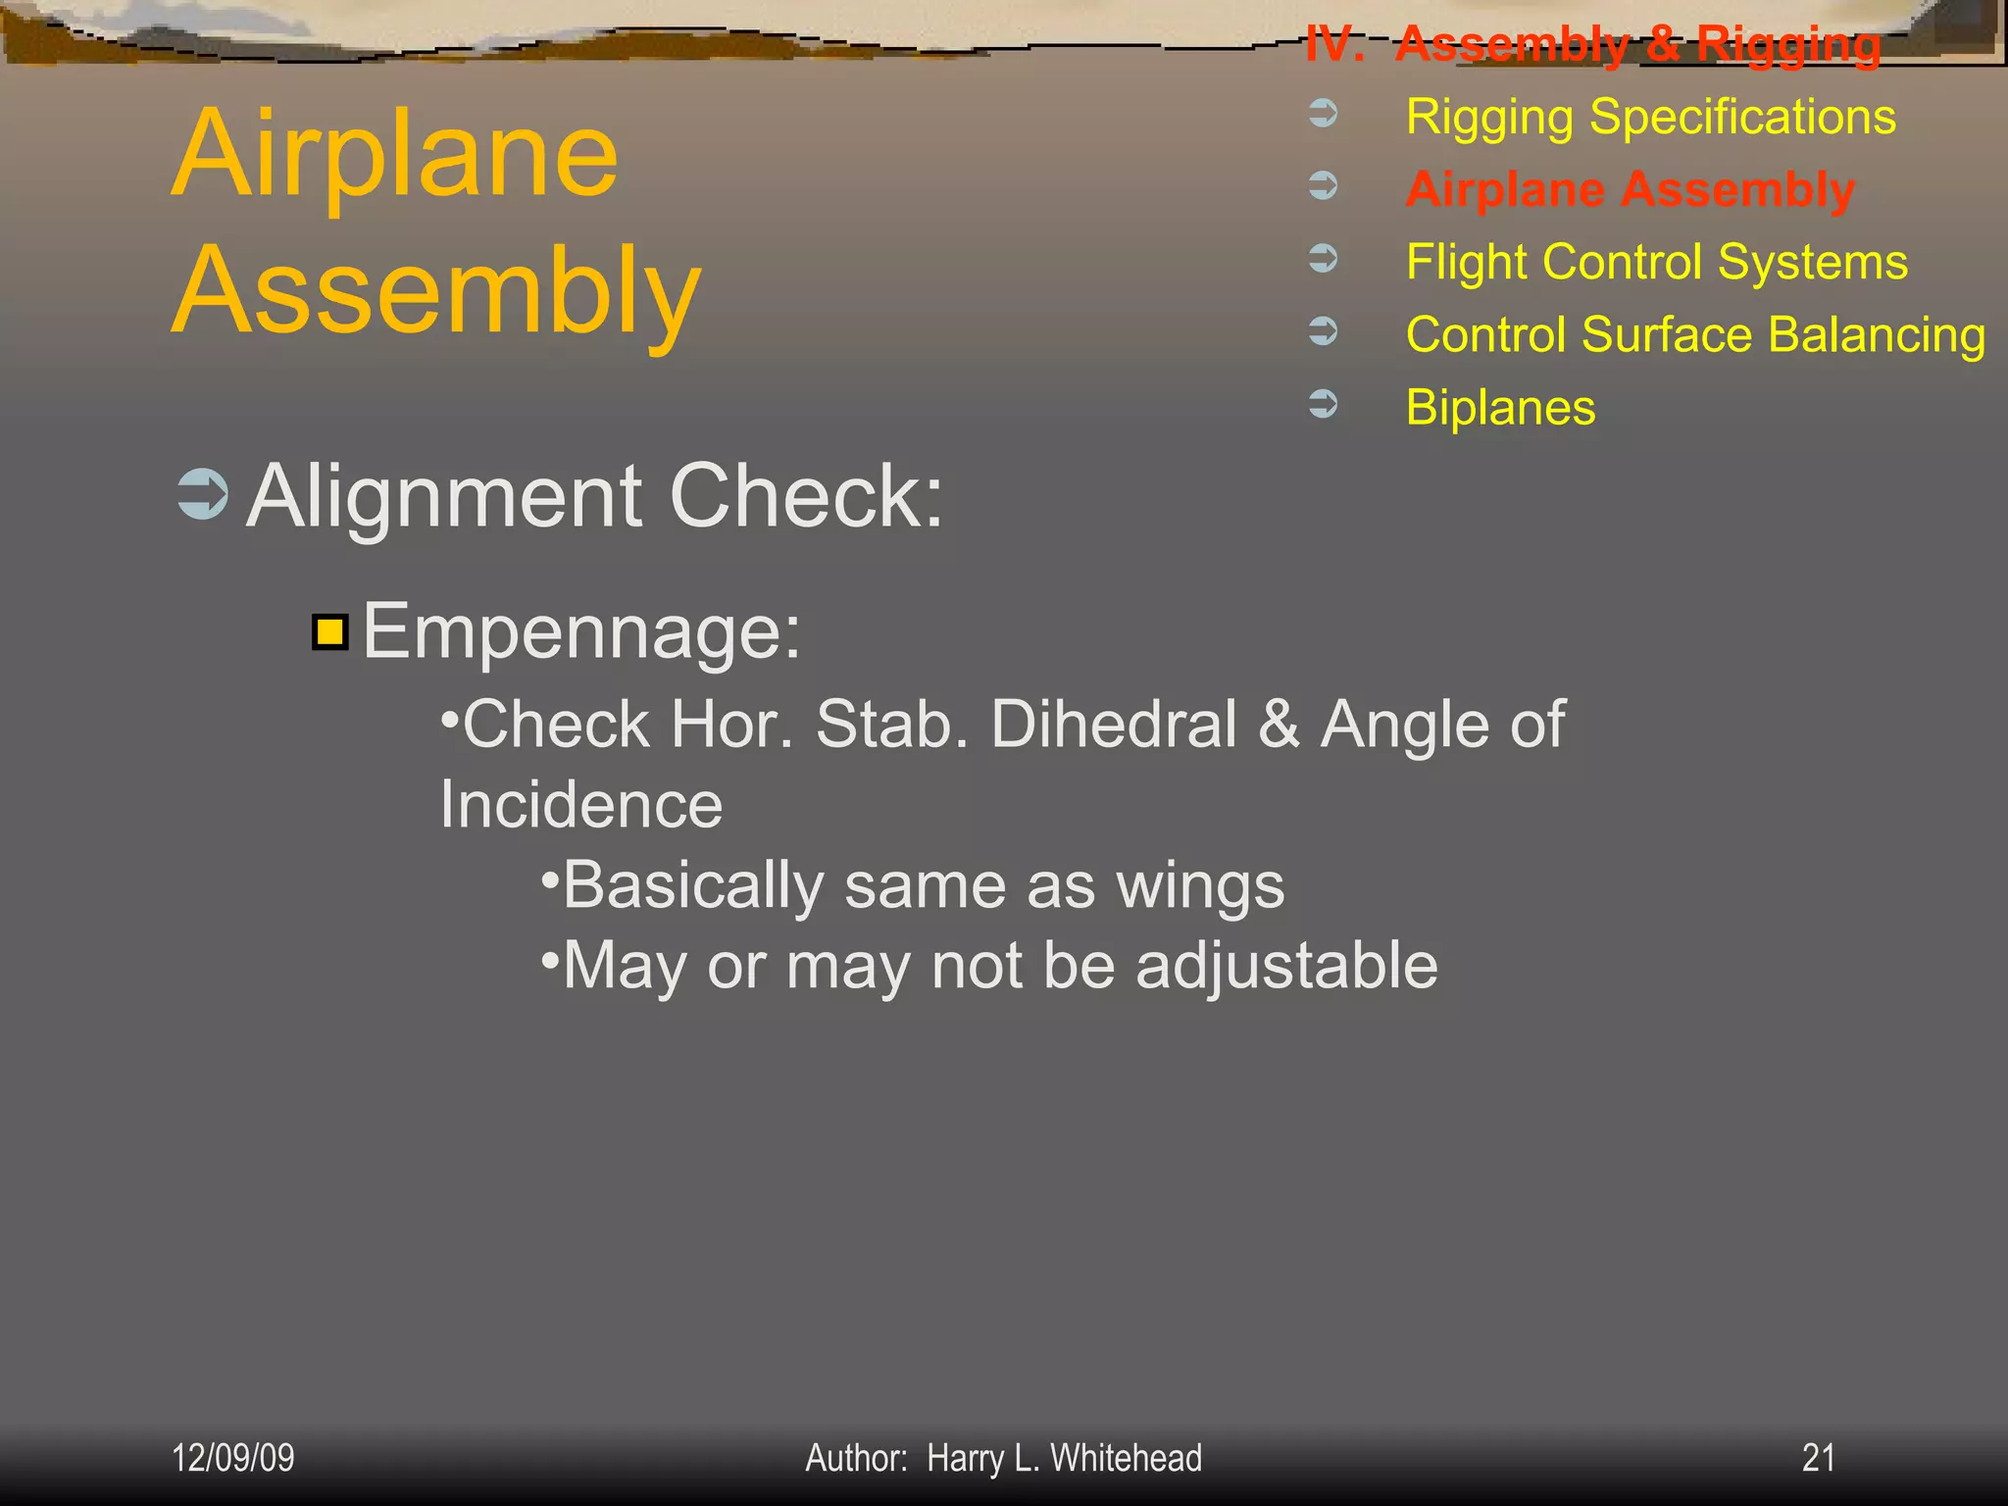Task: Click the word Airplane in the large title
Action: pyautogui.click(x=395, y=155)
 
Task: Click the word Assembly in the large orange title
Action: pyautogui.click(x=436, y=292)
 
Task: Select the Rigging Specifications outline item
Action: pyautogui.click(x=1650, y=118)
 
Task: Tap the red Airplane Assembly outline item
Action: pyautogui.click(x=1630, y=189)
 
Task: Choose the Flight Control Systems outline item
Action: pyautogui.click(x=1656, y=262)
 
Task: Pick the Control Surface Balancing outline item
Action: pyautogui.click(x=1695, y=334)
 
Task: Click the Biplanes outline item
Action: pyautogui.click(x=1500, y=407)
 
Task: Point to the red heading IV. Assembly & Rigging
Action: pyautogui.click(x=1593, y=44)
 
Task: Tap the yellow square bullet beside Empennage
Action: pyautogui.click(x=330, y=632)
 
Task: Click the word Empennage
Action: pyautogui.click(x=581, y=632)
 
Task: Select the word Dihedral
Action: pyautogui.click(x=1114, y=725)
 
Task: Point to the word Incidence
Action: pyautogui.click(x=580, y=805)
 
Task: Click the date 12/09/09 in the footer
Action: pyautogui.click(x=233, y=1458)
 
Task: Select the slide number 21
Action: pyautogui.click(x=1818, y=1458)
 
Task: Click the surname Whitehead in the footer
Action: pyautogui.click(x=1126, y=1458)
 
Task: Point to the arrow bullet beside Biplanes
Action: pyautogui.click(x=1323, y=404)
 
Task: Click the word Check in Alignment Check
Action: pyautogui.click(x=806, y=497)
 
